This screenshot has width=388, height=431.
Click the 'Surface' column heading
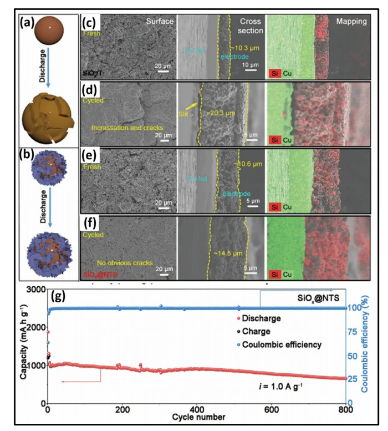(x=160, y=22)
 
